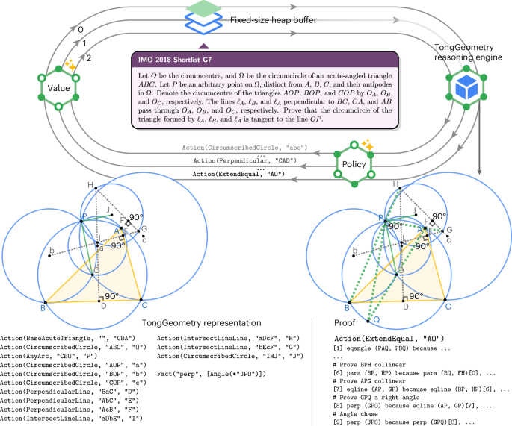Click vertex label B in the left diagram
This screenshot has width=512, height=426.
click(43, 306)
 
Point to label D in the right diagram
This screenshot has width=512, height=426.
click(404, 306)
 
